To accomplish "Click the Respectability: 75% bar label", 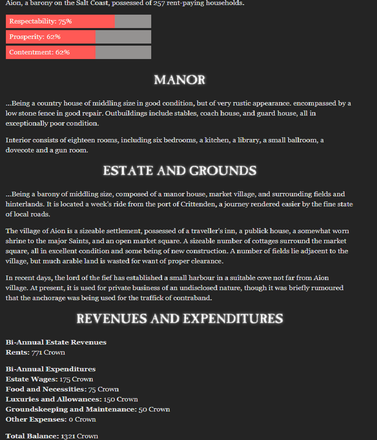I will [x=41, y=21].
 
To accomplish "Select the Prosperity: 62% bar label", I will [x=35, y=37].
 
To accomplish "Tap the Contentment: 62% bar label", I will [x=39, y=52].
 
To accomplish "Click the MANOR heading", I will [x=180, y=80].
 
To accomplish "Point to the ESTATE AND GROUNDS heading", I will [x=180, y=170].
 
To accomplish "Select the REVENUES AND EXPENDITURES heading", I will [x=180, y=319].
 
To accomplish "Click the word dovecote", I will [x=19, y=150].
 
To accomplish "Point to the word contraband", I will [x=193, y=298].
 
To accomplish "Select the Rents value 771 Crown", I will [x=48, y=353].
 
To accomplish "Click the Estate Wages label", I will [x=32, y=379].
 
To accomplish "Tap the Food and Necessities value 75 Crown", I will [x=103, y=389].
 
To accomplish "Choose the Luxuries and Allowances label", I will [x=54, y=399].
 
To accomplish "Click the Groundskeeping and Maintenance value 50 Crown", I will [x=154, y=409].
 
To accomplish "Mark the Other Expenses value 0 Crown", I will [x=82, y=419].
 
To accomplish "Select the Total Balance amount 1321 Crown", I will [x=80, y=436].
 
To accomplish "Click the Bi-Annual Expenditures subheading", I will [x=51, y=369].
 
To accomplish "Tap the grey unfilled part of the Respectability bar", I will [x=133, y=21].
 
